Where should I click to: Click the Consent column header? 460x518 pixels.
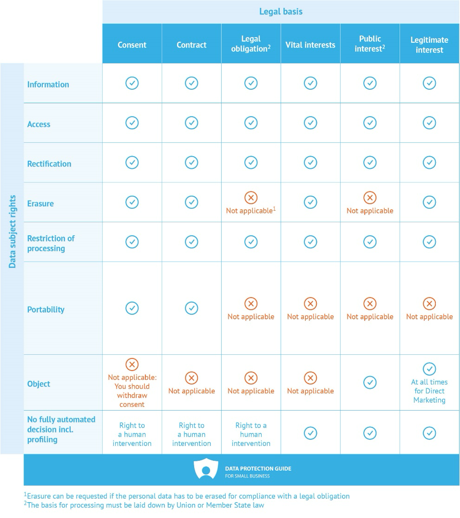point(132,45)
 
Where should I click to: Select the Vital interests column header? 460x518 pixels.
point(310,45)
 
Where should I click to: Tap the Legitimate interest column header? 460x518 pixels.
point(429,45)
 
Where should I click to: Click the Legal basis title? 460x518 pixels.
point(281,12)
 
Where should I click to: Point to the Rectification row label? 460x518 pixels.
point(49,164)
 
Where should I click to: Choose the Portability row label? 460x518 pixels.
point(46,310)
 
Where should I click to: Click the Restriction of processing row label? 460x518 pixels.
point(51,243)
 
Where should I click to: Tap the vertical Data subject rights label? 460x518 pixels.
point(13,231)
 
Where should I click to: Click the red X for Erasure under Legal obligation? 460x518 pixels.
point(251,198)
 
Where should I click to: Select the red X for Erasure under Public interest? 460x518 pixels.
point(370,198)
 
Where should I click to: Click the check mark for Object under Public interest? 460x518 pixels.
point(370,382)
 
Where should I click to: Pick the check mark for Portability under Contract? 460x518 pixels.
point(191,308)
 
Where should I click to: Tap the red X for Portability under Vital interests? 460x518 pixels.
point(310,304)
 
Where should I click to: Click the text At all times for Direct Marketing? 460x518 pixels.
point(429,391)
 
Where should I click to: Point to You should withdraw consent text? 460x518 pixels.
point(132,395)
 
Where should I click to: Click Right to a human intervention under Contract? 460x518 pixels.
point(191,434)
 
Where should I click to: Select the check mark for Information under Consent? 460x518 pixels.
point(132,83)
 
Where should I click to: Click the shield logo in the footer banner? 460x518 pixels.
point(206,469)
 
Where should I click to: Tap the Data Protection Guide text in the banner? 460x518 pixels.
point(258,469)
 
